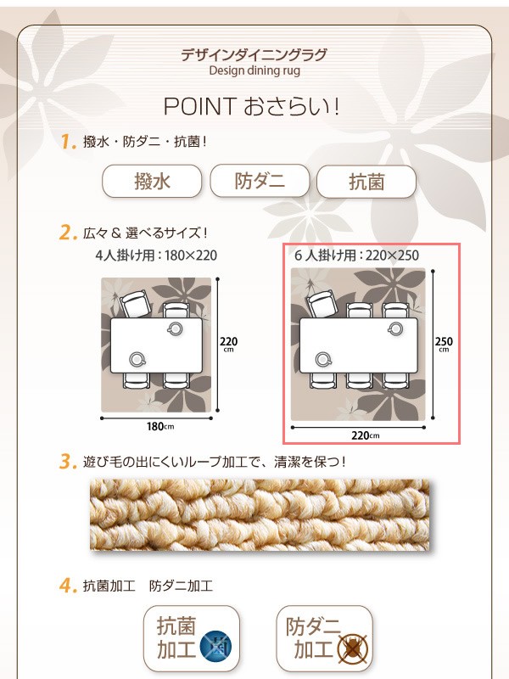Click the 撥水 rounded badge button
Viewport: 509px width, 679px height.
(x=152, y=181)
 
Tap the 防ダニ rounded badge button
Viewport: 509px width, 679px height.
(x=260, y=181)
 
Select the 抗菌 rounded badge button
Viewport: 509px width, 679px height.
(x=366, y=182)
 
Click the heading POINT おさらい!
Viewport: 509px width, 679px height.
(x=251, y=107)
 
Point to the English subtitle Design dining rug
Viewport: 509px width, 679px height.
(x=255, y=70)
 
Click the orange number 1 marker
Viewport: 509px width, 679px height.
(x=68, y=141)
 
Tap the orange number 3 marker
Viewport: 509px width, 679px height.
(x=68, y=462)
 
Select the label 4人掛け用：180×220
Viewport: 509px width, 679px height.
(x=156, y=255)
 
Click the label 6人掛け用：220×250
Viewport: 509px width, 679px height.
(x=356, y=255)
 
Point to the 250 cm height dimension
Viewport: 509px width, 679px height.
(x=444, y=344)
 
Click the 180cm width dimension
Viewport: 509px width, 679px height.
(x=160, y=427)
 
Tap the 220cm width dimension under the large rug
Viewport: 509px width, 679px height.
(x=366, y=435)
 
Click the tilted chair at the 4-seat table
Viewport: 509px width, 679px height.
(x=136, y=305)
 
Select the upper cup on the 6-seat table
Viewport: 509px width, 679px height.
(x=395, y=329)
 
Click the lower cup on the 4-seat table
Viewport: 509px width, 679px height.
(x=137, y=359)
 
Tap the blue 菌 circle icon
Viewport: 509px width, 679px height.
(x=215, y=648)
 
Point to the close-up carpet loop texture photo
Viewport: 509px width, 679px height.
(x=260, y=514)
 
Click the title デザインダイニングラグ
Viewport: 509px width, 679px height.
(x=254, y=55)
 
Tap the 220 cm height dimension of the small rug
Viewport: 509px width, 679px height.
(x=228, y=345)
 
